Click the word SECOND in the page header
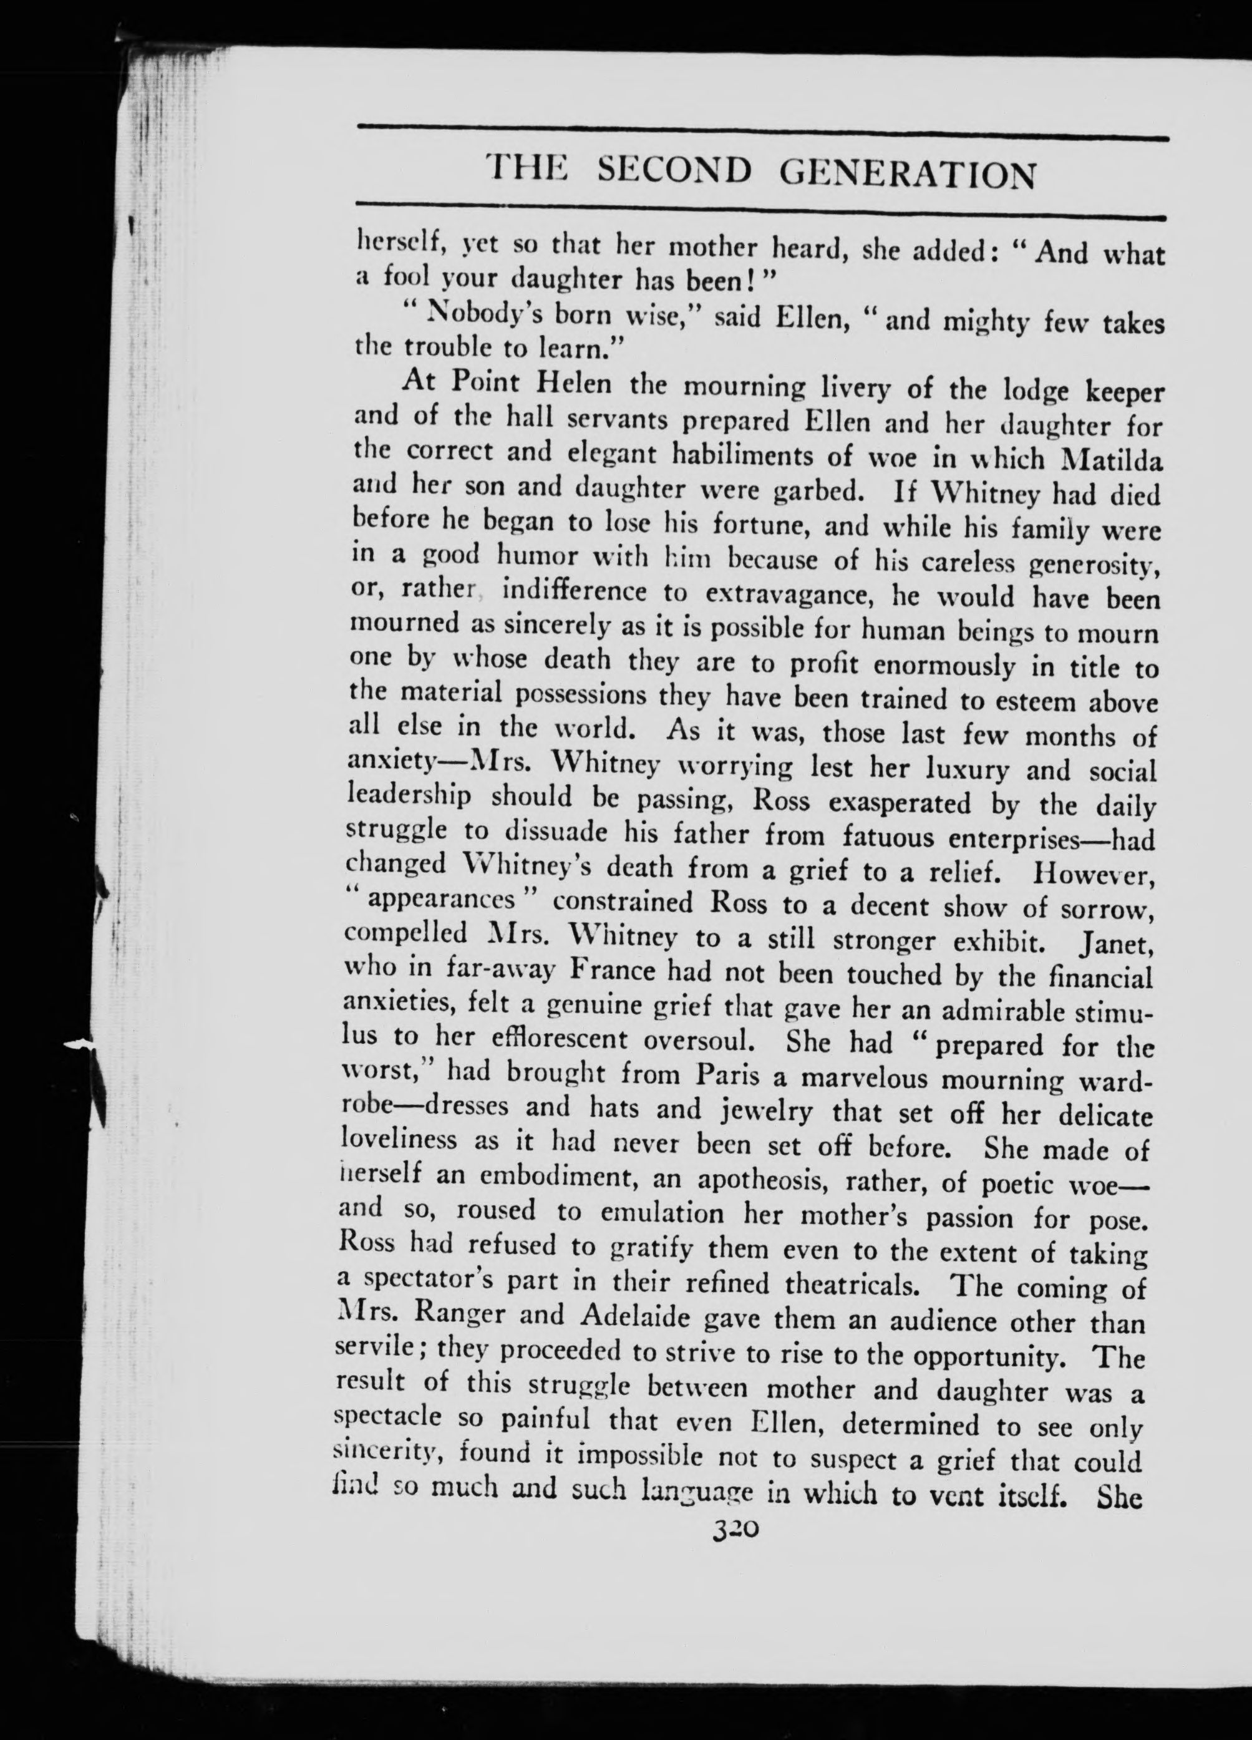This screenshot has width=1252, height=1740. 674,173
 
